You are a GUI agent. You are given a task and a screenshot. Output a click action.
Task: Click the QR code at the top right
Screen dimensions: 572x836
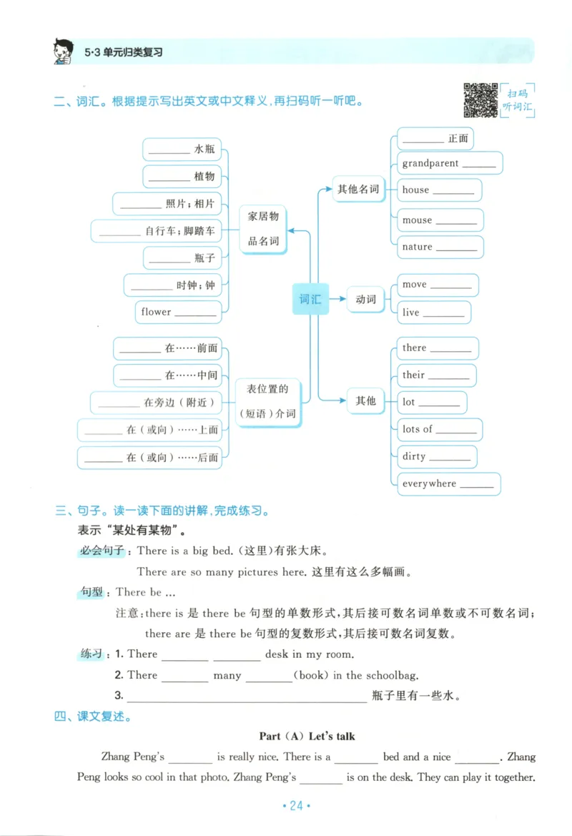(x=480, y=100)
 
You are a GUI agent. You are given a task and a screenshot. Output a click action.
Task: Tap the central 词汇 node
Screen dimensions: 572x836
(x=310, y=299)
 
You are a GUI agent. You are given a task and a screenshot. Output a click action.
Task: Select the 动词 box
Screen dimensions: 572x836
(x=365, y=299)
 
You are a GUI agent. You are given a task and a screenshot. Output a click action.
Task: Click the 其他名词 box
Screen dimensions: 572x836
(x=358, y=190)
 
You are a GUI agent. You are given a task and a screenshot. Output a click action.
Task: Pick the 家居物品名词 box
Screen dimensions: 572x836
(x=263, y=228)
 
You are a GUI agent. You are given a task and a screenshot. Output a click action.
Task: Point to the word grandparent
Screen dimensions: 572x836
(x=430, y=163)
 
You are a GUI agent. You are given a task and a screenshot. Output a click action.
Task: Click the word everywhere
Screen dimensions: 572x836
(x=429, y=483)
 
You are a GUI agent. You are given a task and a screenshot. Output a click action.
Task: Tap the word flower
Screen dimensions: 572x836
(x=156, y=312)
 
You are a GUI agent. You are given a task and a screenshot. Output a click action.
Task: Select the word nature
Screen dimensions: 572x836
(x=417, y=247)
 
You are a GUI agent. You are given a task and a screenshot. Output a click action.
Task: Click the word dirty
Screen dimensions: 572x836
(x=414, y=456)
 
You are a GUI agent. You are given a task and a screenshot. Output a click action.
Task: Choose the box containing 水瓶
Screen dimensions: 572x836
(x=182, y=149)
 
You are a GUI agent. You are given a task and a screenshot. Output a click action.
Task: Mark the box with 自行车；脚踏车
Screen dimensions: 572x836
(x=157, y=231)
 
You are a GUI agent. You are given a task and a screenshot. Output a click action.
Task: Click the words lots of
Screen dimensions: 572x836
(x=418, y=429)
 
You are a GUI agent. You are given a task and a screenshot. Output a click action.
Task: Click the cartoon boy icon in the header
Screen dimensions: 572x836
(x=64, y=51)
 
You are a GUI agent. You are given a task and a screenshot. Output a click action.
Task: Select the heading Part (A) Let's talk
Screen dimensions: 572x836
(x=307, y=736)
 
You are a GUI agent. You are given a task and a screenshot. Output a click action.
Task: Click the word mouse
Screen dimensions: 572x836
(x=417, y=220)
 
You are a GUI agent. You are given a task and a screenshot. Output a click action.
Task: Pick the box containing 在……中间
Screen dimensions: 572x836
(x=168, y=375)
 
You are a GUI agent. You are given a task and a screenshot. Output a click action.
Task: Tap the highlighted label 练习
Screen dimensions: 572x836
(x=92, y=654)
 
